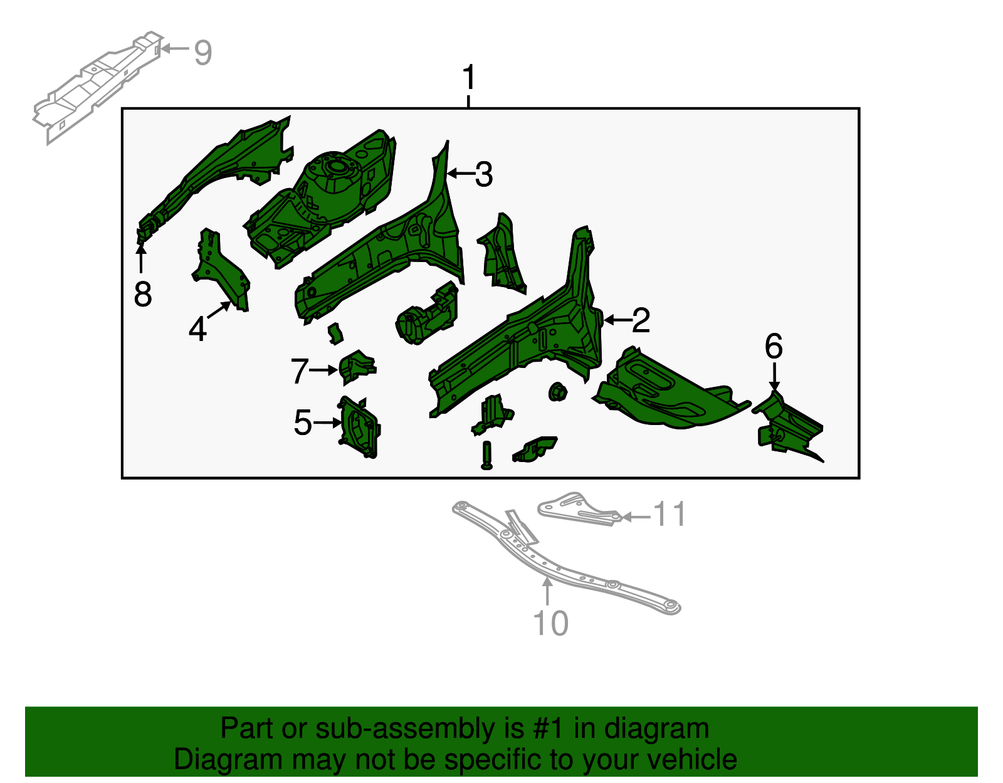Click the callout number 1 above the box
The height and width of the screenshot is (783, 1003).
[x=469, y=78]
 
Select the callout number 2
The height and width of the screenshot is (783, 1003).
[x=641, y=320]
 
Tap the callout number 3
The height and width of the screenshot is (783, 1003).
[x=483, y=174]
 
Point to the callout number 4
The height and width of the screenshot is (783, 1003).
[x=197, y=329]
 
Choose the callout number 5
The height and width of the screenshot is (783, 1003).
[x=302, y=423]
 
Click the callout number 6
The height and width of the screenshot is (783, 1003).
[x=774, y=347]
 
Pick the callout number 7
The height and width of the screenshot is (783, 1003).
[x=299, y=371]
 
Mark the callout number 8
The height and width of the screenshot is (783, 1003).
[x=142, y=294]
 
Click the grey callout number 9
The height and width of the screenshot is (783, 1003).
[x=202, y=52]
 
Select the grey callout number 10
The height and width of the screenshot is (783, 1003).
[x=550, y=623]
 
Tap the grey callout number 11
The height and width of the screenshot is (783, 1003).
[x=670, y=515]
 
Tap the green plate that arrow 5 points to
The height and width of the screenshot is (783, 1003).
[x=360, y=426]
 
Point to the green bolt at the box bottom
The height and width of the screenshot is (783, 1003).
[x=487, y=455]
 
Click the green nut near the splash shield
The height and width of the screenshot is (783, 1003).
[x=557, y=392]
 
